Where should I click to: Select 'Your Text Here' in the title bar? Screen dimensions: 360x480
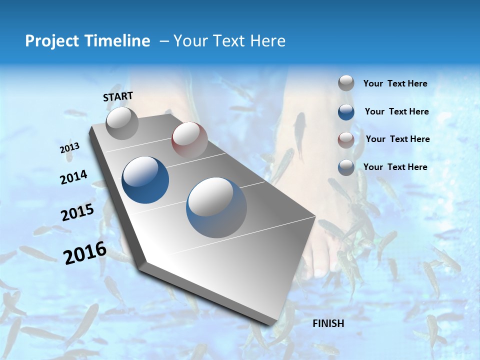tap(229, 41)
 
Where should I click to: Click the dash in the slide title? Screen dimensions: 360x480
tap(163, 41)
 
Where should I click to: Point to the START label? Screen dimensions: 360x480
tap(118, 96)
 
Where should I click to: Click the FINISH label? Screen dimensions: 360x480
tap(328, 323)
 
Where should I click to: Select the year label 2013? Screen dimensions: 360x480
tap(69, 148)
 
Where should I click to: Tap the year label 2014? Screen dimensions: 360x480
tap(73, 177)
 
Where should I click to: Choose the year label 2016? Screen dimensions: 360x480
tap(84, 252)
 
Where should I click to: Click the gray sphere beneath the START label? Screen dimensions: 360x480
tap(122, 123)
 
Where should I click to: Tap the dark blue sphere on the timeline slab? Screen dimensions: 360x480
tap(145, 180)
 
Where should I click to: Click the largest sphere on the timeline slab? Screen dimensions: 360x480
tap(216, 207)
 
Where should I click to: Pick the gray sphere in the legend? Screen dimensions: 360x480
tap(346, 83)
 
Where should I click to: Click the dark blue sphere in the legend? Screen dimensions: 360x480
tap(346, 112)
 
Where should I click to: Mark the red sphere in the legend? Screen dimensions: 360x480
tap(346, 139)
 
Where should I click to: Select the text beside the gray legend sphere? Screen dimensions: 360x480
tap(395, 84)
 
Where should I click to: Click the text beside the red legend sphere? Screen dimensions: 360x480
tap(397, 139)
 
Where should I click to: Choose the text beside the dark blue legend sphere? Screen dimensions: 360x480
tap(396, 111)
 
